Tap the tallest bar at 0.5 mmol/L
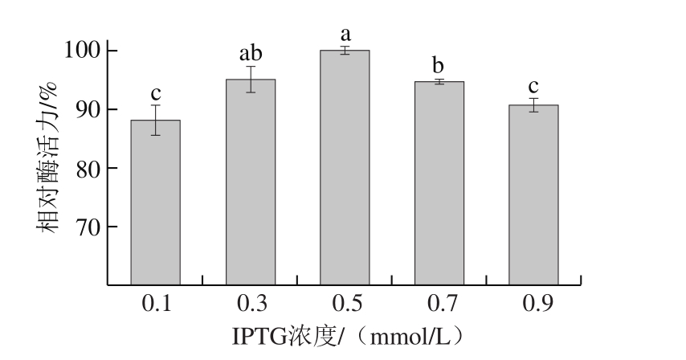pyautogui.click(x=345, y=168)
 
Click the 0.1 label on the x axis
pyautogui.click(x=155, y=303)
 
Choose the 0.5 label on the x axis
pyautogui.click(x=345, y=303)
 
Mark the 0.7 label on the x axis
pyautogui.click(x=439, y=303)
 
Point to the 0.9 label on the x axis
pyautogui.click(x=533, y=303)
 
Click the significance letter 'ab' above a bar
pyautogui.click(x=251, y=55)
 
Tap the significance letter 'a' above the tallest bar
pyautogui.click(x=345, y=35)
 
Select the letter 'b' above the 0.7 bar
pyautogui.click(x=439, y=66)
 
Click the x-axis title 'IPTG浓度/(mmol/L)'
pyautogui.click(x=345, y=334)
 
